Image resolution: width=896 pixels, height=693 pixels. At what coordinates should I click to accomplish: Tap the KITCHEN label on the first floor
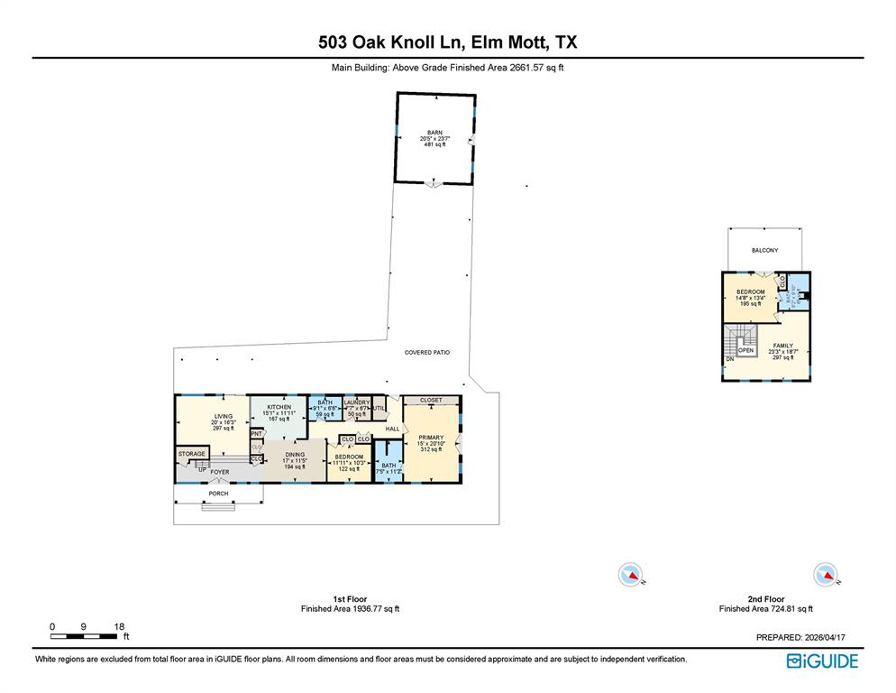pos(279,407)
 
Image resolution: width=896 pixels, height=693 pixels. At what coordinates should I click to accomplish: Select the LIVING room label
pos(223,416)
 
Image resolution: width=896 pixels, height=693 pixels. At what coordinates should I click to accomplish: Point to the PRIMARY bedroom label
pos(431,438)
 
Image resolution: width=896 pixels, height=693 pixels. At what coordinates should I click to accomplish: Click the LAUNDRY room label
pos(357,402)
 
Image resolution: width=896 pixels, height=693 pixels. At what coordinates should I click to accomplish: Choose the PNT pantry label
pos(256,434)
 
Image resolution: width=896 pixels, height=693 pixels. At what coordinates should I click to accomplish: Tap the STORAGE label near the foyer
pos(191,454)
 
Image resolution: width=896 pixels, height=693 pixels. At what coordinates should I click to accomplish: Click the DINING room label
pos(295,455)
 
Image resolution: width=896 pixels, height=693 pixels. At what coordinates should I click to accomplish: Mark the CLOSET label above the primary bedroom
pos(431,400)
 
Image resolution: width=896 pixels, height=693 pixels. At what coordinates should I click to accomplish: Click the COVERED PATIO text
pos(426,353)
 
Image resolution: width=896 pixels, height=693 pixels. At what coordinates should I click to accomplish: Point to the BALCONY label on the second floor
pos(764,250)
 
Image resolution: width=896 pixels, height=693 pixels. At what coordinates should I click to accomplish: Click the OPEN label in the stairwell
pos(745,350)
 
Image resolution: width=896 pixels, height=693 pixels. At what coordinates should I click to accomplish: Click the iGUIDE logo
pos(822,661)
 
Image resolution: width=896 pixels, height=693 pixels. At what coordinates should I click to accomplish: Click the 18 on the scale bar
pos(120,626)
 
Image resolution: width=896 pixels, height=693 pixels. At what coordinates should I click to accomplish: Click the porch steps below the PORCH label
pos(217,506)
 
